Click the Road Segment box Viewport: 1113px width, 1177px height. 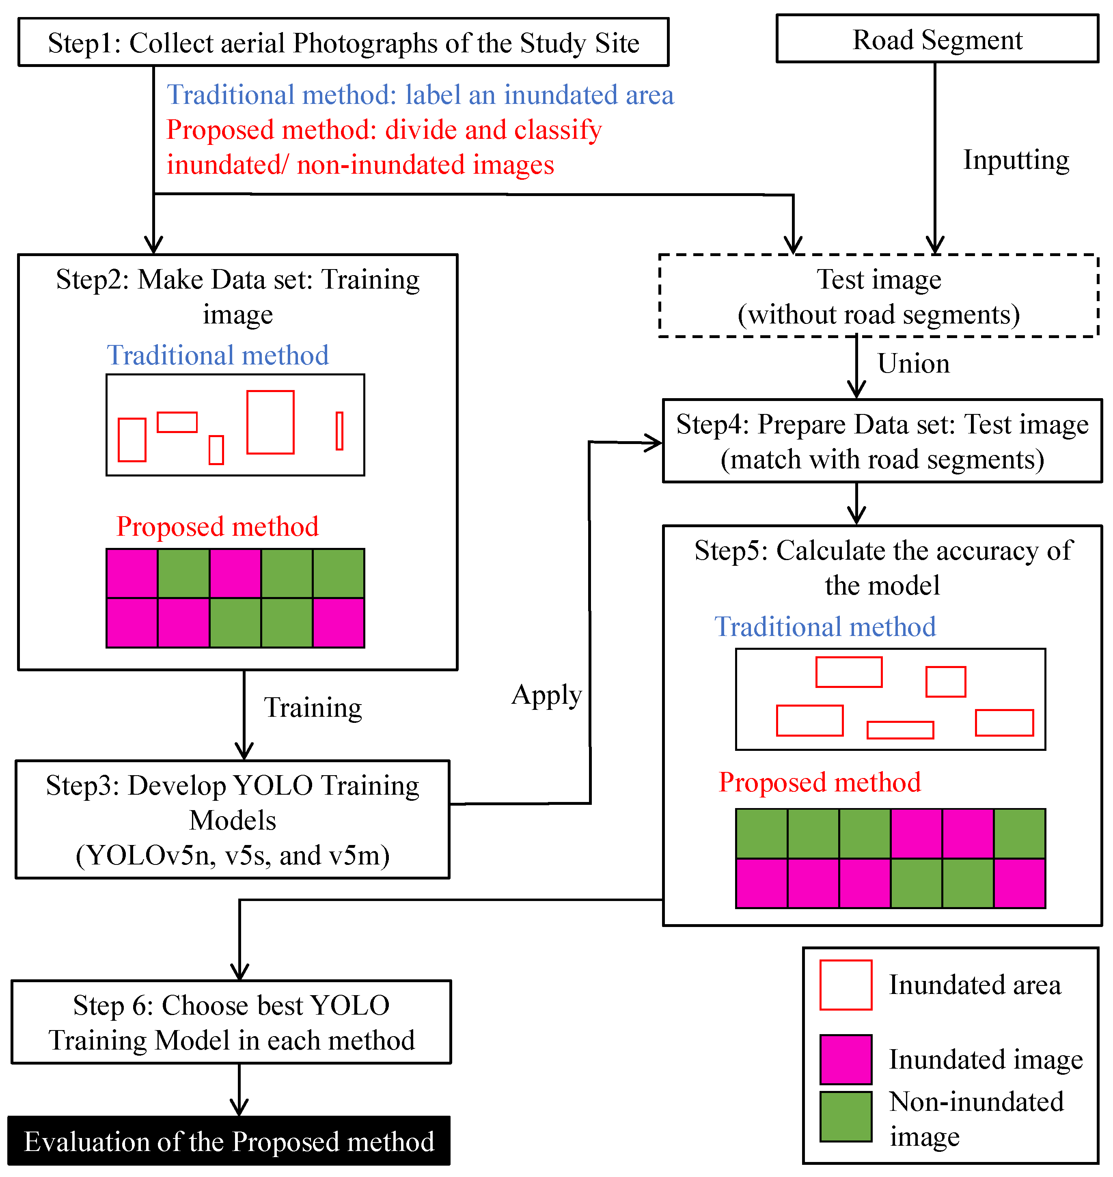point(937,39)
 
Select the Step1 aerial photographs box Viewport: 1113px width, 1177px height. point(343,42)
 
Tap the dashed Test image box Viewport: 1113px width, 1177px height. point(879,296)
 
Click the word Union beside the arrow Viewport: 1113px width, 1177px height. point(914,364)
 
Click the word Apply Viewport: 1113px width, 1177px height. point(546,695)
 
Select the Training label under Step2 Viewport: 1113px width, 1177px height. point(313,708)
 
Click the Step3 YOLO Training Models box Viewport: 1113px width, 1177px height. point(233,819)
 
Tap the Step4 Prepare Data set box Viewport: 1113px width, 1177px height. point(882,441)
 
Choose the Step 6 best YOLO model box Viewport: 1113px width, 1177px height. point(231,1022)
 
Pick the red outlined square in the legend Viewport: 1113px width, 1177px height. point(846,985)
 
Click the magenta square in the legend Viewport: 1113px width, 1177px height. point(846,1060)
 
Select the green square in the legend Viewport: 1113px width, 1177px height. point(846,1117)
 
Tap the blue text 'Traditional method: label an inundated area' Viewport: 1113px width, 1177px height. point(420,95)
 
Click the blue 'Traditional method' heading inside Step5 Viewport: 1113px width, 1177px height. point(825,627)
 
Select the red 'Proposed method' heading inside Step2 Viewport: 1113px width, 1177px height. point(217,527)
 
